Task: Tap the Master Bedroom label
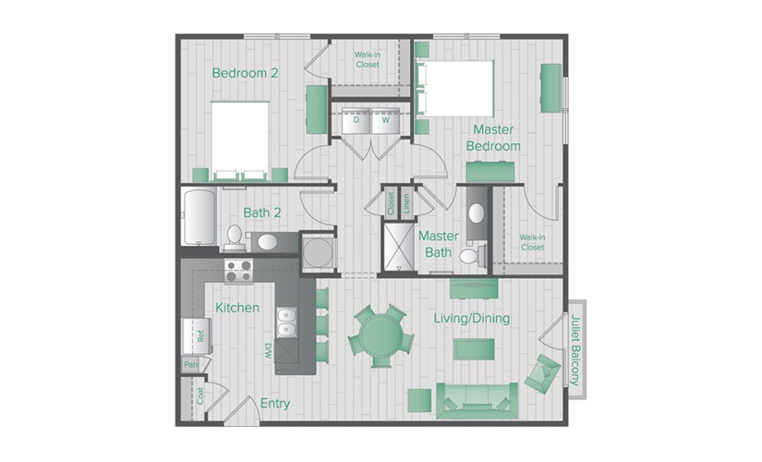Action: [493, 138]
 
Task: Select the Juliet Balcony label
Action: [575, 347]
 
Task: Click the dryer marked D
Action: [356, 121]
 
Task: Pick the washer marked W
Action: [385, 121]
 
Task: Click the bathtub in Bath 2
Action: [199, 218]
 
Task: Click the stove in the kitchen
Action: [239, 271]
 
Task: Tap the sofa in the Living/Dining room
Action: [474, 399]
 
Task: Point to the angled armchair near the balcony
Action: [541, 373]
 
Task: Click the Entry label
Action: [275, 404]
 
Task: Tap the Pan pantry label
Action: [191, 365]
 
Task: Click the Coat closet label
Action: [200, 396]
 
